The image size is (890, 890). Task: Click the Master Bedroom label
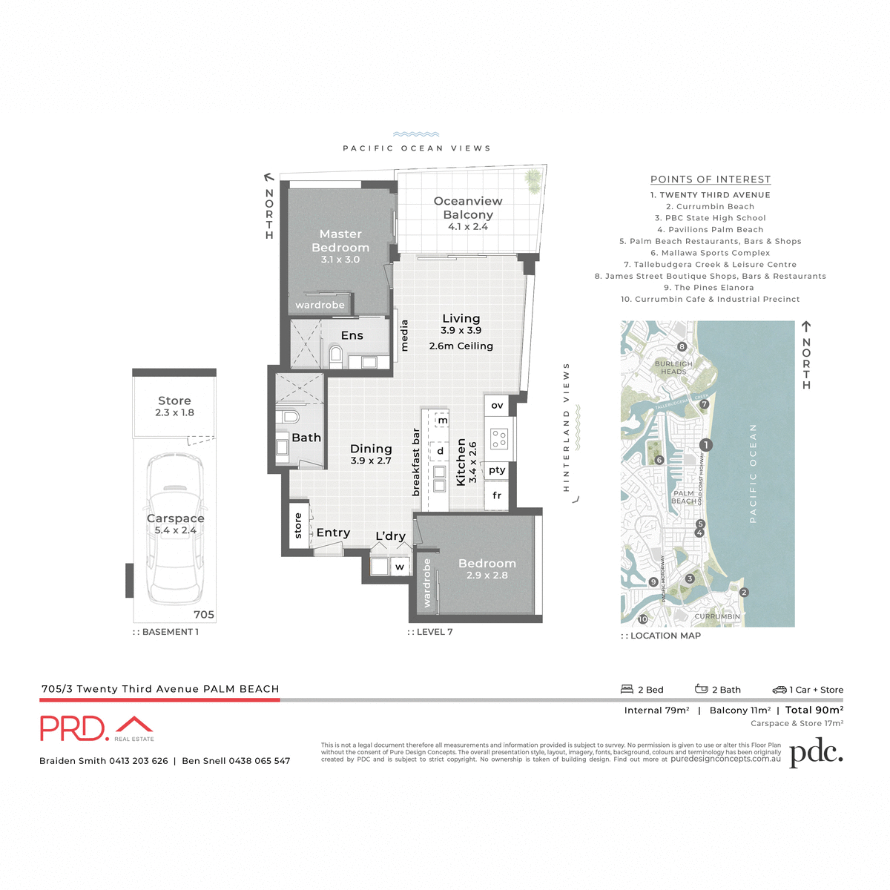340,241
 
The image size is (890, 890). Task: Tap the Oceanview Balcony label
468,208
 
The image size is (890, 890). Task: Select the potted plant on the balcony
533,178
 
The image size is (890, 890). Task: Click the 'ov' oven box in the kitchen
497,406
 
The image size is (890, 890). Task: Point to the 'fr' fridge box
497,495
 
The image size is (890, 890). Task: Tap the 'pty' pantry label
497,470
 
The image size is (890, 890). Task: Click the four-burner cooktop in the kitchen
499,438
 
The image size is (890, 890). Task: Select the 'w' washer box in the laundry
400,567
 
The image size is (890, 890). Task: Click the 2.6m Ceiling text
461,346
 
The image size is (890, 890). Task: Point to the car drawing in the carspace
175,528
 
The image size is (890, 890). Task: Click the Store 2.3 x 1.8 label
174,406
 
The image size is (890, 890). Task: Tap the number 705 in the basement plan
204,614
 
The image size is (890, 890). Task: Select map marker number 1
706,445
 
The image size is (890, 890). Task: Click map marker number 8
682,346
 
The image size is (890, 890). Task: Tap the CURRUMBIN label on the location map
717,616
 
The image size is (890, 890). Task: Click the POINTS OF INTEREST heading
711,179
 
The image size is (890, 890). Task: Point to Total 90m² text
814,710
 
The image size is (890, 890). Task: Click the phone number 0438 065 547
259,761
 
